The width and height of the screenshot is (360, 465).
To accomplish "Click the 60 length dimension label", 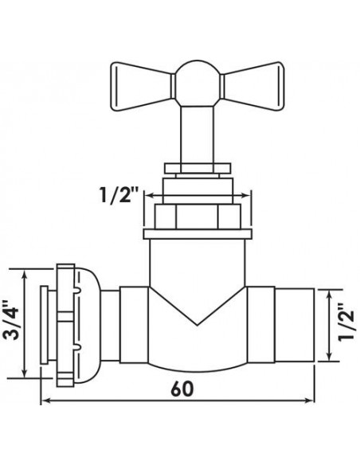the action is click(x=182, y=389).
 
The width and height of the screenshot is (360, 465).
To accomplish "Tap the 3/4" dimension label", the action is click(x=11, y=321).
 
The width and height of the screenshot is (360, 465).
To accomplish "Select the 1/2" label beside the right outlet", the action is click(x=346, y=322).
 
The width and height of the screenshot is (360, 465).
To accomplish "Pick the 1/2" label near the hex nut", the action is click(x=119, y=194).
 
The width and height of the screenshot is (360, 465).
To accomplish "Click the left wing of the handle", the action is click(x=141, y=86).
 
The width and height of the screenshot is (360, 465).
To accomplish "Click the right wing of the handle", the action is click(x=252, y=86).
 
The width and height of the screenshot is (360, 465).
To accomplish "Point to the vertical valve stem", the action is click(x=197, y=135).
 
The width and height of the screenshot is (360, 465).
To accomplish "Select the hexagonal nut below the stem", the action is click(x=198, y=217).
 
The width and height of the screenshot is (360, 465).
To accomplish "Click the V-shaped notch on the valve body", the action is click(x=198, y=307).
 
